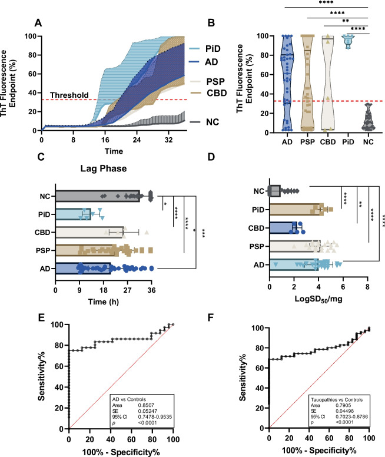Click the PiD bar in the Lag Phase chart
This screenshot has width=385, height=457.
73,213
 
